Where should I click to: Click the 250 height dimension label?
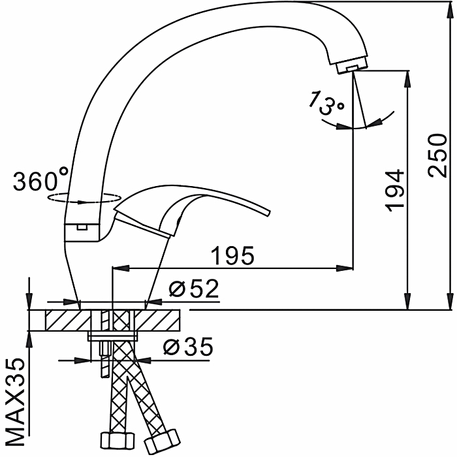pyautogui.click(x=437, y=155)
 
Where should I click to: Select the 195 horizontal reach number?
pyautogui.click(x=232, y=255)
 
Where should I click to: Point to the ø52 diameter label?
pyautogui.click(x=193, y=289)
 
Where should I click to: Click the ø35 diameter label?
pyautogui.click(x=188, y=347)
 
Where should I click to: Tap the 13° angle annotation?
pyautogui.click(x=326, y=102)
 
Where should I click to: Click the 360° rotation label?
pyautogui.click(x=40, y=180)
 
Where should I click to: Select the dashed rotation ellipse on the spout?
pyautogui.click(x=84, y=197)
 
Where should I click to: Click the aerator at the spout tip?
pyautogui.click(x=351, y=67)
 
